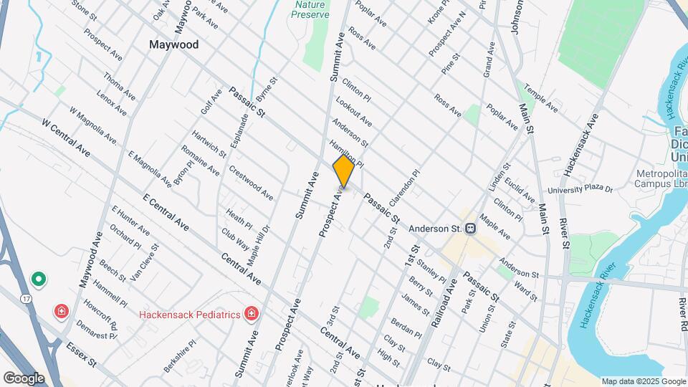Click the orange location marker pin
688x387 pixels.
click(x=343, y=172)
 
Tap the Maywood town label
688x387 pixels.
click(x=173, y=44)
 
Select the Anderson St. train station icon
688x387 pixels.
click(x=471, y=229)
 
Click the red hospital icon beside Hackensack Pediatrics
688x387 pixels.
click(x=251, y=313)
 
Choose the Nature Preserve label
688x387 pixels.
click(x=310, y=9)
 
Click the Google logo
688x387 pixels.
click(x=24, y=378)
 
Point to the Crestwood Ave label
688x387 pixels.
click(x=251, y=183)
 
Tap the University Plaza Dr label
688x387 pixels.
click(x=580, y=190)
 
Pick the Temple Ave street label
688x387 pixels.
click(x=540, y=99)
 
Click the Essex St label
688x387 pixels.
click(x=81, y=354)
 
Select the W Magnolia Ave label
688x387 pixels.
click(x=92, y=125)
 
